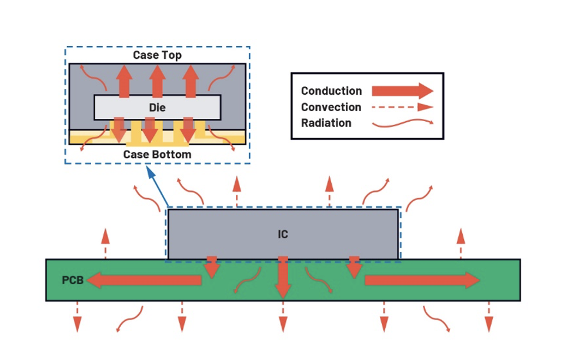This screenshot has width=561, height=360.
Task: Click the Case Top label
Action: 157,55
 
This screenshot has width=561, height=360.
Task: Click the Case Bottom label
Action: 157,154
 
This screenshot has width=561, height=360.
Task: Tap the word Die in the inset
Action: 157,108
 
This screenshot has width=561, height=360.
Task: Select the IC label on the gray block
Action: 283,234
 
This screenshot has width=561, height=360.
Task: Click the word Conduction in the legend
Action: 331,91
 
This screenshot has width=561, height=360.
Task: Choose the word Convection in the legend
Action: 330,107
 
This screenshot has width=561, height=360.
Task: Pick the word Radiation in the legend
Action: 326,123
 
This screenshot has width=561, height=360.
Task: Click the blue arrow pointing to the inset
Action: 157,188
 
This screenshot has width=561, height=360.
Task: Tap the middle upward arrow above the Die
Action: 157,81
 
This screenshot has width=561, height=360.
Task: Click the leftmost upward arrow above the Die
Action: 124,81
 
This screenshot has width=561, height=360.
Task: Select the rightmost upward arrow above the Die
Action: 190,81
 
